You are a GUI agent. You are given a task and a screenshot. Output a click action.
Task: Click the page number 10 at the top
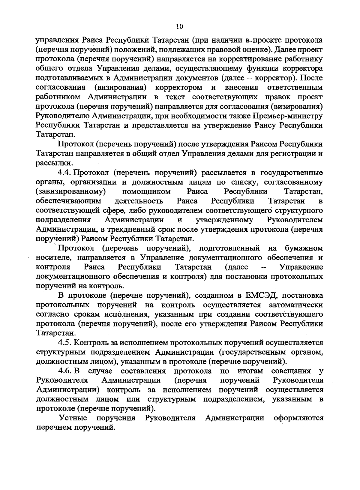pos(179,26)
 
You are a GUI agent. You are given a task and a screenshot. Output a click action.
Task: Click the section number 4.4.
pos(64,173)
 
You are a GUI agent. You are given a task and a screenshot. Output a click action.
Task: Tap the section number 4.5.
pos(64,342)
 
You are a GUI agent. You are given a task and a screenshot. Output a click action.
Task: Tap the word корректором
pos(179,88)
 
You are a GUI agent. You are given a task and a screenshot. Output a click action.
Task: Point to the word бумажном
pos(304,248)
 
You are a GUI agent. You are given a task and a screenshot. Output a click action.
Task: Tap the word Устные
pos(73,418)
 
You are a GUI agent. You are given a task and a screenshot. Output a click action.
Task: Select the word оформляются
pos(298,418)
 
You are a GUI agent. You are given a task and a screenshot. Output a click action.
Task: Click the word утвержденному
pos(224,220)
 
